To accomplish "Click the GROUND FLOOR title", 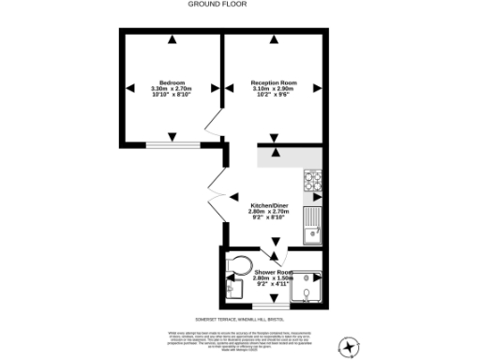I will (x=217, y=4).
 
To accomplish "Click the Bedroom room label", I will (x=172, y=82).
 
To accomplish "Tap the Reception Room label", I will (x=273, y=82).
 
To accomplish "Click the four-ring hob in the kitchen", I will (x=312, y=180).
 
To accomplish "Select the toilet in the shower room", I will (x=238, y=263).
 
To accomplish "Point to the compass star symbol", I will (x=349, y=346).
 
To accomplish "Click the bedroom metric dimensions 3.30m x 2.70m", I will (x=172, y=89).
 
